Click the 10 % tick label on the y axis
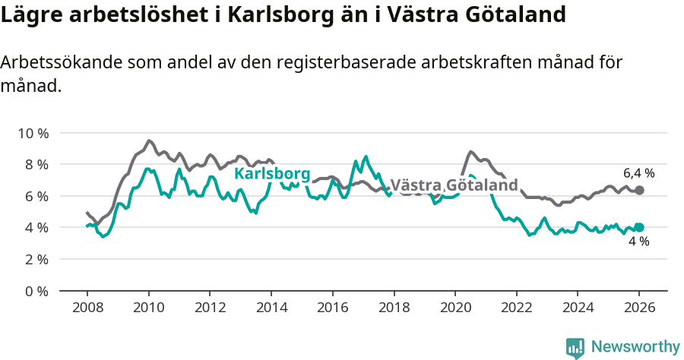(33, 133)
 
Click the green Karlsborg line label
(272, 174)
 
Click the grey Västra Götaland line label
(454, 185)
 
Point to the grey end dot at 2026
(639, 190)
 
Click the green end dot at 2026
(639, 227)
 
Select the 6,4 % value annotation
(638, 173)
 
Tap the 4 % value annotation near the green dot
(638, 242)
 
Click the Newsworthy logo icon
(575, 347)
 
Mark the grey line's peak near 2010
(149, 141)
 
